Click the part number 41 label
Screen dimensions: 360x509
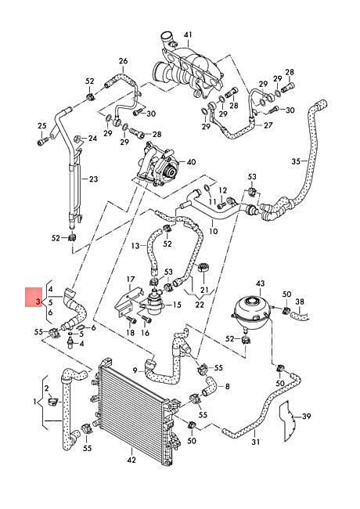coord(189,34)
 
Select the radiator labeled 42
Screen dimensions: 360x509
coord(136,406)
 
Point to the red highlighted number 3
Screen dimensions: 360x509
coord(38,302)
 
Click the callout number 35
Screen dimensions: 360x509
coord(296,161)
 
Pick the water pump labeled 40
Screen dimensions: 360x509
coord(158,164)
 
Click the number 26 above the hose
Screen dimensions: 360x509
coord(123,61)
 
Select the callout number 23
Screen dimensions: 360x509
coord(93,179)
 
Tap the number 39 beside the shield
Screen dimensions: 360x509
coord(306,416)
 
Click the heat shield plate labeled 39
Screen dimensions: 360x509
coord(288,421)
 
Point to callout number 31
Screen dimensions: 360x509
coord(256,442)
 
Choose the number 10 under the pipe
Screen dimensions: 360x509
coord(214,232)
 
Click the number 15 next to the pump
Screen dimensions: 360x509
coord(177,305)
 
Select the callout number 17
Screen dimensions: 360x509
coord(131,280)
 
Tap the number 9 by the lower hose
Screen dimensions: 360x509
coord(135,370)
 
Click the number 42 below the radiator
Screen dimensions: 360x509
coord(131,460)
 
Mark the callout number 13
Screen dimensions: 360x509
coord(136,245)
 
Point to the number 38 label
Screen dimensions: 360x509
coord(300,301)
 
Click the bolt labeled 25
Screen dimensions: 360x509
coord(42,142)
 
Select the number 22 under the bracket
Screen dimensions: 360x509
coord(200,305)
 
